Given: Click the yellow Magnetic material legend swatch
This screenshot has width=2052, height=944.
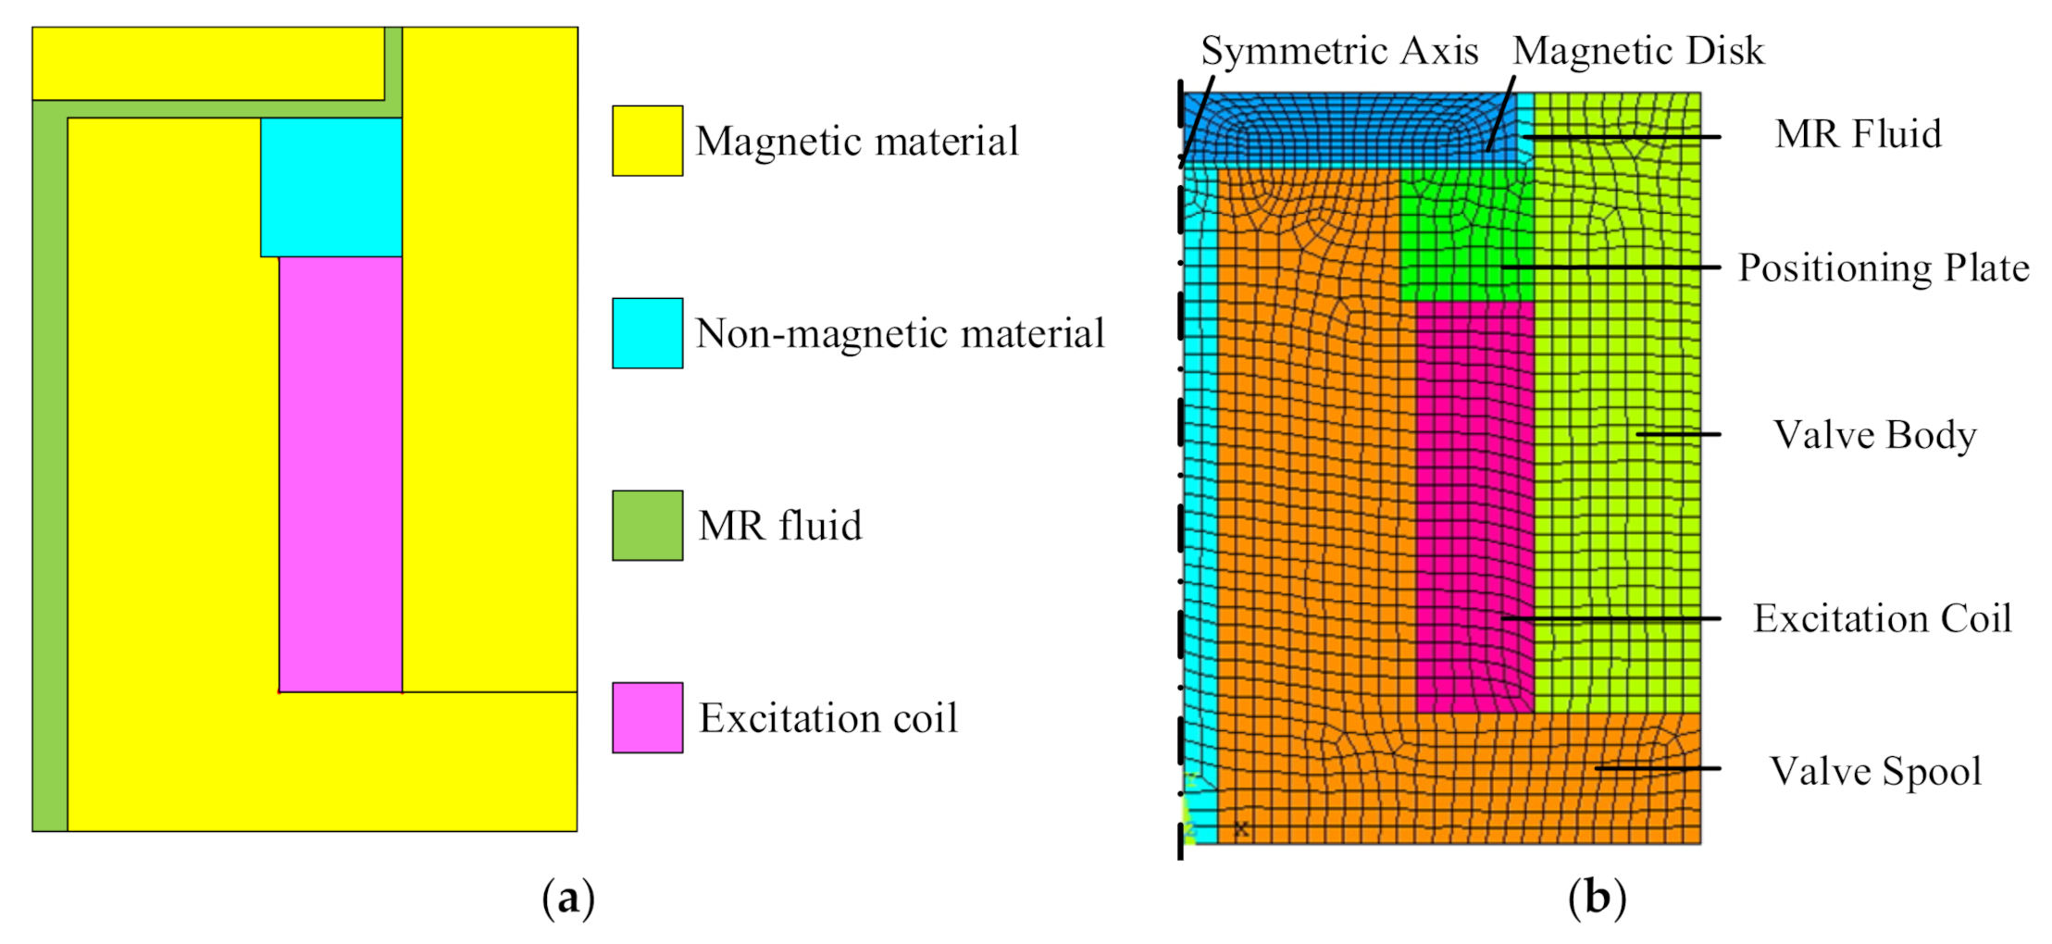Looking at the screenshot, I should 647,141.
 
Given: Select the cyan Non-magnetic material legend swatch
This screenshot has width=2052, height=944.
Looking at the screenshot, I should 647,333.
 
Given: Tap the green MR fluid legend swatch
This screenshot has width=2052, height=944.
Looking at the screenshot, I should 647,526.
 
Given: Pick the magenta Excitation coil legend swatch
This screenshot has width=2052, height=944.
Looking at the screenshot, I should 647,718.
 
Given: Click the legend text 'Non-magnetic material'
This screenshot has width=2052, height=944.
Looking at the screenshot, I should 900,333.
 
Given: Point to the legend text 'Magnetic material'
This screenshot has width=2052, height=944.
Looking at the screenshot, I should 856,142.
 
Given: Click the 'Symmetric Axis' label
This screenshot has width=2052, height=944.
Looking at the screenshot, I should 1338,51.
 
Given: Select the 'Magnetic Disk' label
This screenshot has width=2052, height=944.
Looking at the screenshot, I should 1637,51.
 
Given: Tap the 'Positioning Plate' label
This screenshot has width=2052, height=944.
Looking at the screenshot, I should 1883,267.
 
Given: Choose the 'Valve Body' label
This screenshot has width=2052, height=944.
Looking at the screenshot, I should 1874,434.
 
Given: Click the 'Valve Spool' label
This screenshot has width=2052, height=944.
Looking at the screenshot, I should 1875,771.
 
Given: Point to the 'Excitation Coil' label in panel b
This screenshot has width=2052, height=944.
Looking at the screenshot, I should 1882,618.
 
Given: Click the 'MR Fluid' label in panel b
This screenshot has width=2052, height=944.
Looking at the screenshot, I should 1858,134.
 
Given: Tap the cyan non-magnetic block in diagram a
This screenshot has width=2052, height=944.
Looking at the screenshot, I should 331,187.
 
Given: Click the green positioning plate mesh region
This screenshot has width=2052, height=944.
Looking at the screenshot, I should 1466,236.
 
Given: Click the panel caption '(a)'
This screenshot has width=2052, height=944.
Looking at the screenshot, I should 567,898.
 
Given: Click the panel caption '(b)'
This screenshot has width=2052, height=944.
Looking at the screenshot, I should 1597,898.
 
